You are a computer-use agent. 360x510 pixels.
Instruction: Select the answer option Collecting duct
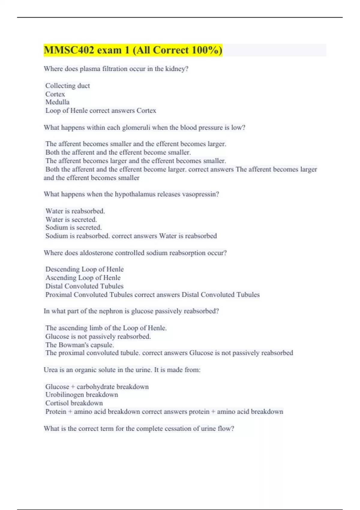tap(67, 86)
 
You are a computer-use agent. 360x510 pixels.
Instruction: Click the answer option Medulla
tap(57, 102)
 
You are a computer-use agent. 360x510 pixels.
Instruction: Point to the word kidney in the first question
tap(177, 69)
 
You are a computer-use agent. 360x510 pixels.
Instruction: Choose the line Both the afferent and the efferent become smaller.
tap(118, 152)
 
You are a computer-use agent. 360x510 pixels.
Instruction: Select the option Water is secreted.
tap(71, 219)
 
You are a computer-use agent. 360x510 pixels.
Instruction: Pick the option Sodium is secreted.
tap(73, 227)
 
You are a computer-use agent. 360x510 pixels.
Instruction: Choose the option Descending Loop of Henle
tap(84, 269)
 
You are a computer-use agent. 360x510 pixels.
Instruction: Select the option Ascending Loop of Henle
tap(83, 277)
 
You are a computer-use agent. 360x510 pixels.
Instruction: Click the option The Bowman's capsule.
tap(79, 345)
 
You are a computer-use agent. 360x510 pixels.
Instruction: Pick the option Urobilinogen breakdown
tap(82, 394)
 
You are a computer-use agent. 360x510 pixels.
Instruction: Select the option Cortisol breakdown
tap(74, 403)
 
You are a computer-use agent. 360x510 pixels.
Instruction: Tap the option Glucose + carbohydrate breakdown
tap(97, 387)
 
